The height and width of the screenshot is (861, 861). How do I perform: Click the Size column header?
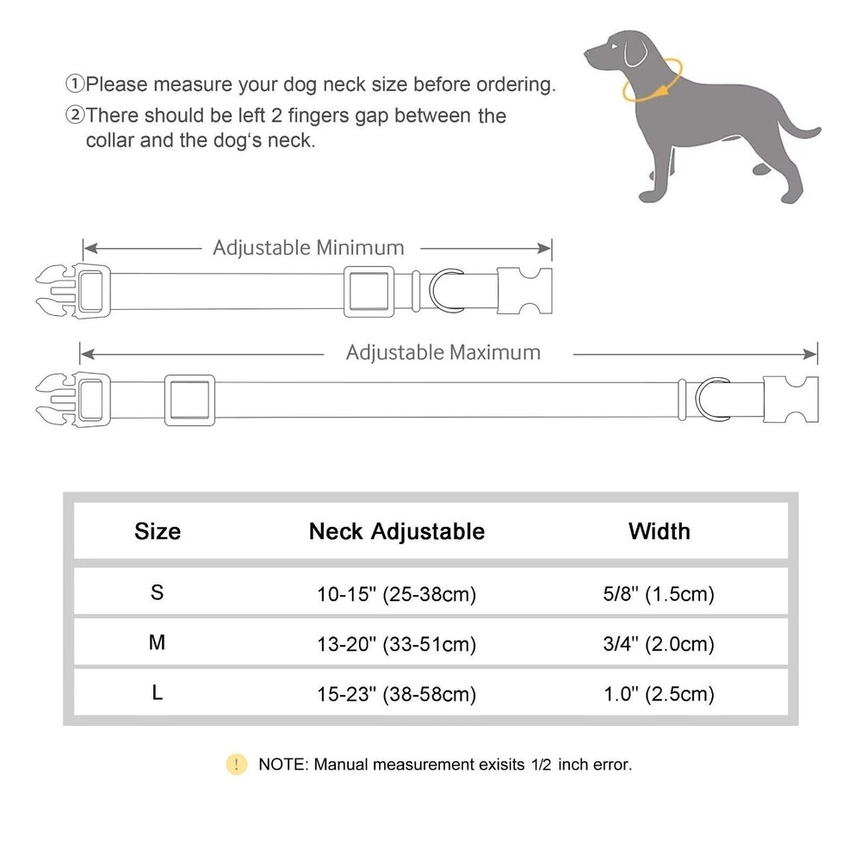point(158,530)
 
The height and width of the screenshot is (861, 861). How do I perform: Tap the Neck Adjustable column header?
point(397,531)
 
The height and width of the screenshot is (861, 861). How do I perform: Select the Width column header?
point(660,530)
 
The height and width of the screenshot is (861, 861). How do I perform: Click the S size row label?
point(157,592)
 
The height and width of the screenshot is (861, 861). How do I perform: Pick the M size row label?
point(157,642)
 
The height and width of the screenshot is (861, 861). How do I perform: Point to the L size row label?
point(157,692)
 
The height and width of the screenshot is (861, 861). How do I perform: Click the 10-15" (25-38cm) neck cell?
point(397,594)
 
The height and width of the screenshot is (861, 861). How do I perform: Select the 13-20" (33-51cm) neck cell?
point(397,644)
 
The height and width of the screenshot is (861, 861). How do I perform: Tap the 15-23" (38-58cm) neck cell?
point(397,694)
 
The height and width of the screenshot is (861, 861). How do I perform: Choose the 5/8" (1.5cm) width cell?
point(660,594)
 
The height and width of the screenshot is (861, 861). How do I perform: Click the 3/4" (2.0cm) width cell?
point(660,644)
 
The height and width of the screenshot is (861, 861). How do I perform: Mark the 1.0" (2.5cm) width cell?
point(660,694)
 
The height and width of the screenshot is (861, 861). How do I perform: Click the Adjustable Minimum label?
point(308,248)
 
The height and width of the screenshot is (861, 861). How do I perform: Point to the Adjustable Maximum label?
point(443,352)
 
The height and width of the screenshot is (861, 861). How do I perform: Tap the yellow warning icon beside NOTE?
point(236,764)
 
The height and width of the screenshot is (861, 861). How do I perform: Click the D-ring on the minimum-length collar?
point(451,290)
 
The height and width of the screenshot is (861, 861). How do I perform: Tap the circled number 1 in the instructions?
point(76,84)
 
